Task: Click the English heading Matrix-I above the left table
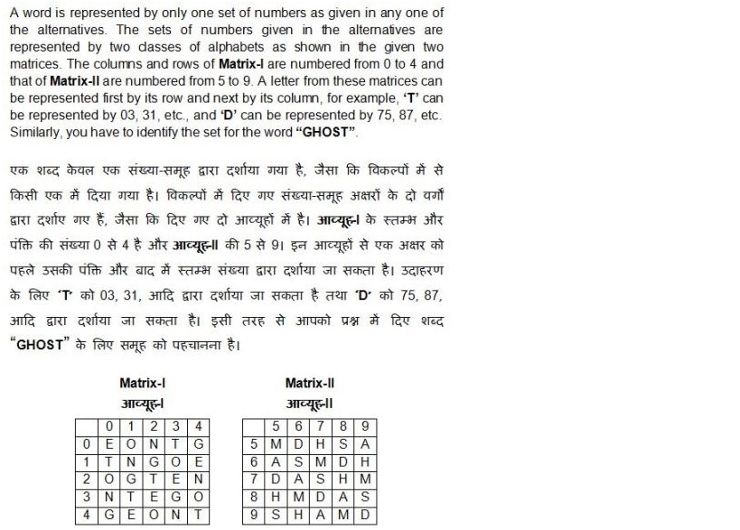[x=142, y=383]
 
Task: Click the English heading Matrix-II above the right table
[x=309, y=383]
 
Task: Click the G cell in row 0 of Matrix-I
[x=200, y=443]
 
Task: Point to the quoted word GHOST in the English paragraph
[x=330, y=132]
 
